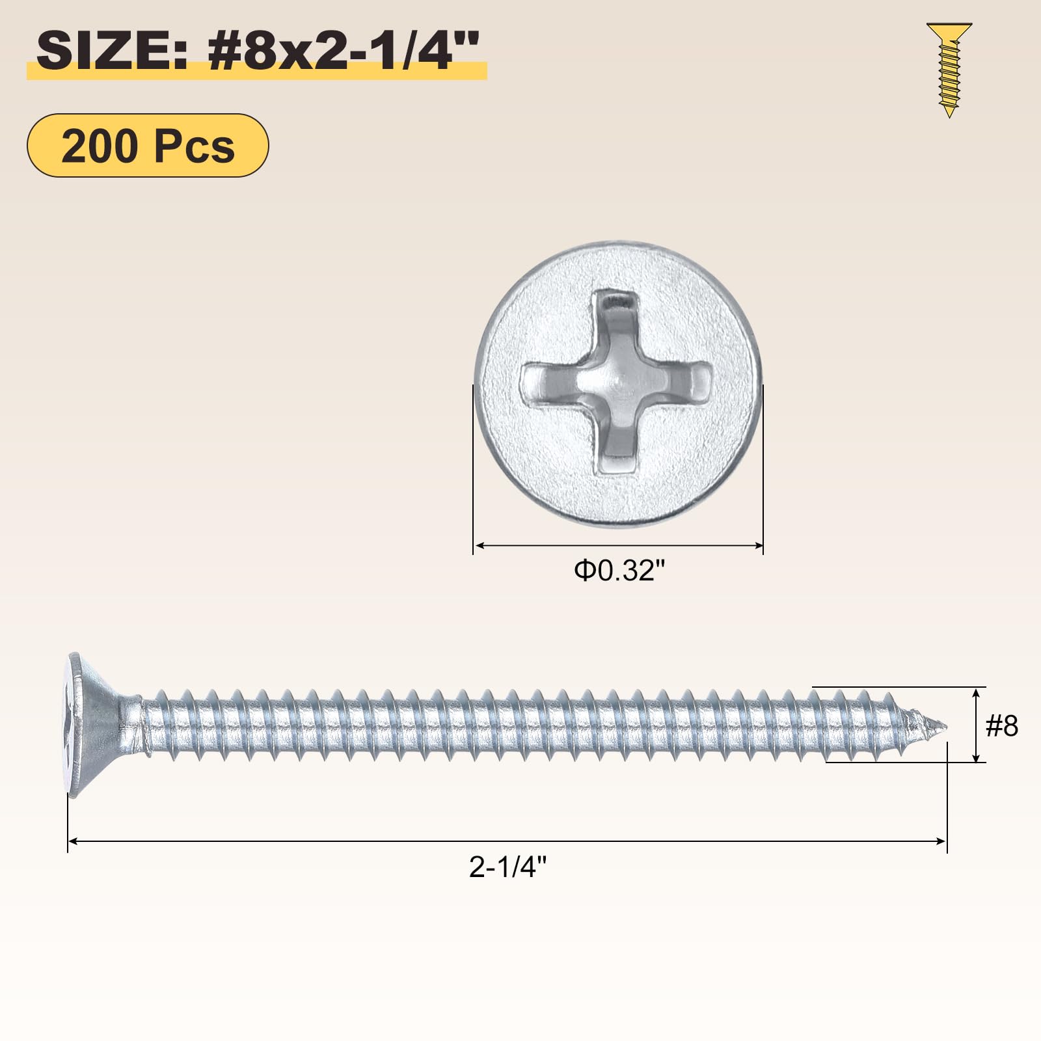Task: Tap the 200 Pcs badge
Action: (148, 145)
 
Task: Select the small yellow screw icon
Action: (949, 70)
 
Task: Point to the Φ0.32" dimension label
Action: (619, 571)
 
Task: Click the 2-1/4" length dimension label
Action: (508, 867)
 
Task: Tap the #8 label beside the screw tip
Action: (1002, 725)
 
